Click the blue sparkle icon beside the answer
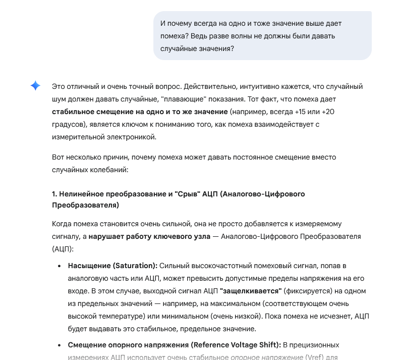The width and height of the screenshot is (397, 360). coord(35,86)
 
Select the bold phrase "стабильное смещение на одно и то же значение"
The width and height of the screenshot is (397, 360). coord(140,111)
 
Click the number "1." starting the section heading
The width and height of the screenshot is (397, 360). coord(55,194)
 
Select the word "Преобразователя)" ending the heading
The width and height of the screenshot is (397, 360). coord(85,206)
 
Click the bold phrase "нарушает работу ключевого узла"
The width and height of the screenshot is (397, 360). coord(150,236)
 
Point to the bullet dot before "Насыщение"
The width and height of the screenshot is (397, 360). coord(59,266)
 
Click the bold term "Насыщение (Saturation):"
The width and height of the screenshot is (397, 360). coord(113,266)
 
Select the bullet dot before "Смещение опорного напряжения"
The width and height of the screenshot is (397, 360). coord(59,345)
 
